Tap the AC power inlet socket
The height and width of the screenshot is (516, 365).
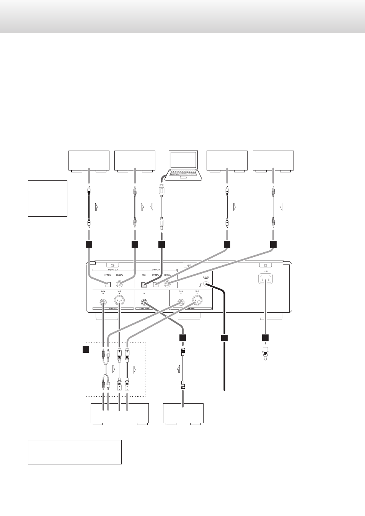266,279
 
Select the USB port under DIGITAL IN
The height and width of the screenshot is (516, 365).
144,284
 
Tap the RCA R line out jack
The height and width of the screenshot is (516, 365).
103,302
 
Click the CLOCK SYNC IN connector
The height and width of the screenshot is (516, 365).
144,302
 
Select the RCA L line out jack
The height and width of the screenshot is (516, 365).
181,302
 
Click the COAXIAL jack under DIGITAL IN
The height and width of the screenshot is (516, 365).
167,284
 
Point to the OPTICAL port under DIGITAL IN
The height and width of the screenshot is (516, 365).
156,284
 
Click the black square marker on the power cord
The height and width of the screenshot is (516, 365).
265,338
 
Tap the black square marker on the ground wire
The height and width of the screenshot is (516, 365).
224,338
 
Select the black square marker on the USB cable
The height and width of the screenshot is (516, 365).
161,244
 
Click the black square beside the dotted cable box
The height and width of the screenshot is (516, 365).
86,349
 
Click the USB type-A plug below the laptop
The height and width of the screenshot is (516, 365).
162,190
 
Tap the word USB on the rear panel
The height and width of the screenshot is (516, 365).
144,275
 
